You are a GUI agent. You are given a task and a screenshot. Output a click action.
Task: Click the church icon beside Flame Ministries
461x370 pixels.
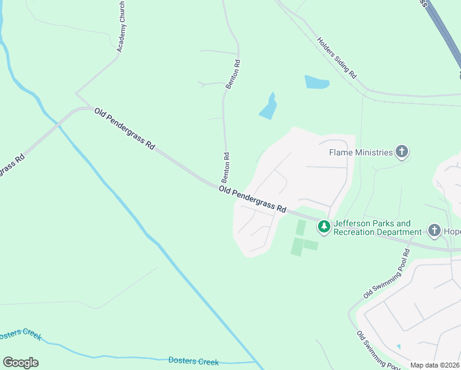tap(402, 152)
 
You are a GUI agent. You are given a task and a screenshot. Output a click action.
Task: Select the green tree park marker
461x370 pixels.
tap(324, 227)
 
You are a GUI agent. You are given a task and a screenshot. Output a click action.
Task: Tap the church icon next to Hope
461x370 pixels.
tap(434, 231)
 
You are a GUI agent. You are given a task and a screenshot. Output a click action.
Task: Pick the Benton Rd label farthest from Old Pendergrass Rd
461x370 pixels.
tap(232, 75)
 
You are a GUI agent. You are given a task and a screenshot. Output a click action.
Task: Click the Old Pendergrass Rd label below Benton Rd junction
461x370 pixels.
tap(253, 199)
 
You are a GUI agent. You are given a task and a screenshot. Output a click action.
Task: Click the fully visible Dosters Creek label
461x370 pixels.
tap(193, 361)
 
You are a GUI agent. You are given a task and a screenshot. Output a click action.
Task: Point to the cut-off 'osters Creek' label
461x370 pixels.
tap(20, 334)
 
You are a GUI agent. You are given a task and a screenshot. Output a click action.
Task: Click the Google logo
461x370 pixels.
tap(20, 363)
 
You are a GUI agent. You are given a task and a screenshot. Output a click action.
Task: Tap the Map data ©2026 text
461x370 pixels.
tap(434, 365)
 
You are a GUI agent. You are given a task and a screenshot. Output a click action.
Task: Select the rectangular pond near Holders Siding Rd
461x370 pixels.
tap(316, 82)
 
